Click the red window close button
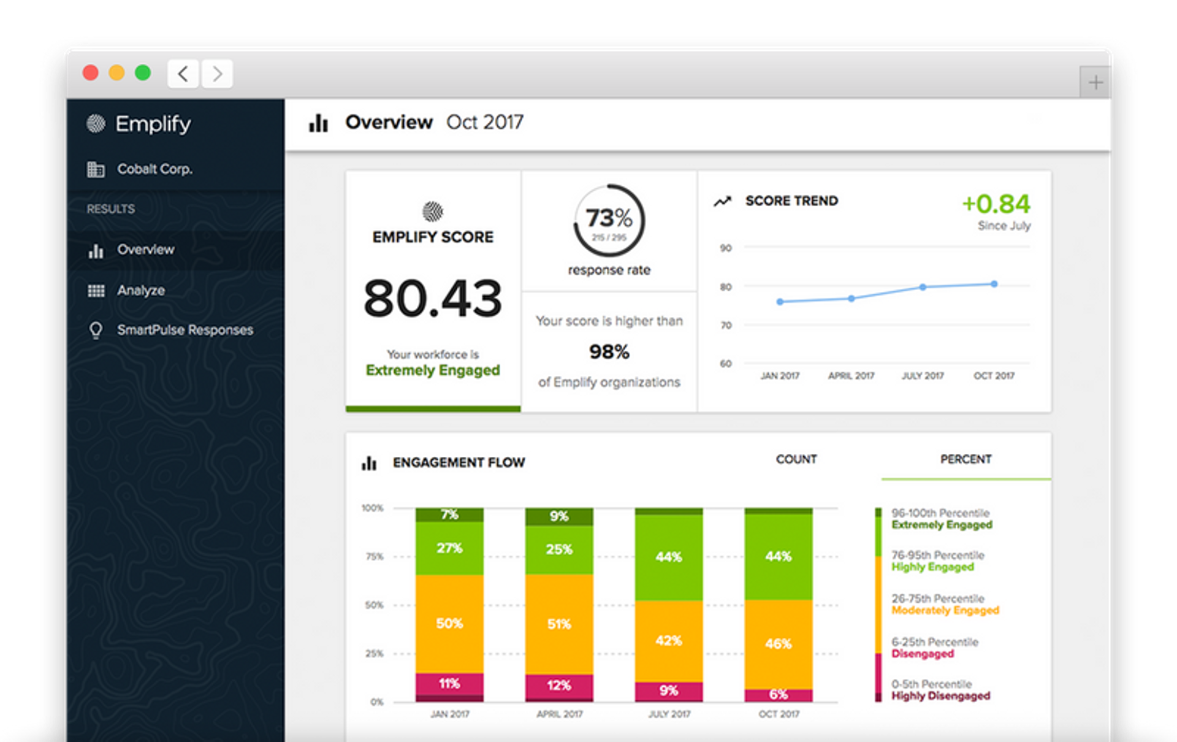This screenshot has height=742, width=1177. click(x=91, y=73)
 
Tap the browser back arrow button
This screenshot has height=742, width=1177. click(x=183, y=74)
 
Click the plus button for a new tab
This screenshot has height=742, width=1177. click(x=1095, y=82)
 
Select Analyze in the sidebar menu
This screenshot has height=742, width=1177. click(x=140, y=291)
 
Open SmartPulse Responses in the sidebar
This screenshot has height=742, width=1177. click(x=185, y=330)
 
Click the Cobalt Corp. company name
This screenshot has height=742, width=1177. click(x=154, y=169)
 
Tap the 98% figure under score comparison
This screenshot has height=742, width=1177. click(x=609, y=352)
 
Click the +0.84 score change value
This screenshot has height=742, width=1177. click(x=996, y=204)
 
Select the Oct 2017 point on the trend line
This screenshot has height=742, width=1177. click(x=994, y=284)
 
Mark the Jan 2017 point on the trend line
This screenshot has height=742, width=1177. click(x=780, y=302)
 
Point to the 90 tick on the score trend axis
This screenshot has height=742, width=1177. click(x=726, y=248)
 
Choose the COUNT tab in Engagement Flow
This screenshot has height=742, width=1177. click(x=796, y=459)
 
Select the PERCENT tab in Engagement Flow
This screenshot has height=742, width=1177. click(x=966, y=459)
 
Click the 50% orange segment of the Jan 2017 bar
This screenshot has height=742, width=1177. click(x=449, y=624)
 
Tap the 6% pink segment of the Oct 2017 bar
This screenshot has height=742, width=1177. click(x=779, y=695)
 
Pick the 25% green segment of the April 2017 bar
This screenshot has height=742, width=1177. click(x=559, y=549)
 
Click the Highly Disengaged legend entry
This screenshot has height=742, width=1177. click(x=940, y=696)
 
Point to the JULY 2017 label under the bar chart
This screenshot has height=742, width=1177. click(x=669, y=714)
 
